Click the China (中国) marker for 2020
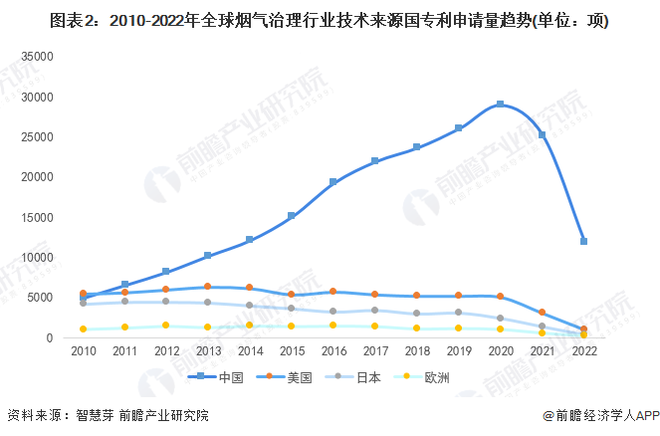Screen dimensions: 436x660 click(x=500, y=105)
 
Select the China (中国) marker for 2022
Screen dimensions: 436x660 click(x=583, y=241)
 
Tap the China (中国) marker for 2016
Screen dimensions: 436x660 click(x=333, y=182)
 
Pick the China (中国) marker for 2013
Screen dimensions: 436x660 click(x=208, y=256)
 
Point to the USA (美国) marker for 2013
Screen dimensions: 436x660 click(x=208, y=287)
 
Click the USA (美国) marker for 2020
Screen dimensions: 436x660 click(x=500, y=297)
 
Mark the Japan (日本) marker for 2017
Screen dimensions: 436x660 click(x=374, y=311)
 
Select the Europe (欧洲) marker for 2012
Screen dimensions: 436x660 click(x=166, y=326)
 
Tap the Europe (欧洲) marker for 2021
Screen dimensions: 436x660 click(x=542, y=332)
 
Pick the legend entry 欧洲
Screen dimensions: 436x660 click(x=438, y=376)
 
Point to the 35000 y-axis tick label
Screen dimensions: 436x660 click(x=36, y=57)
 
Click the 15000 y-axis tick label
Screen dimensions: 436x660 click(x=36, y=217)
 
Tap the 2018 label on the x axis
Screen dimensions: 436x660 click(x=416, y=351)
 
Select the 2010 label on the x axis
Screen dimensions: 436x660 click(x=84, y=351)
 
